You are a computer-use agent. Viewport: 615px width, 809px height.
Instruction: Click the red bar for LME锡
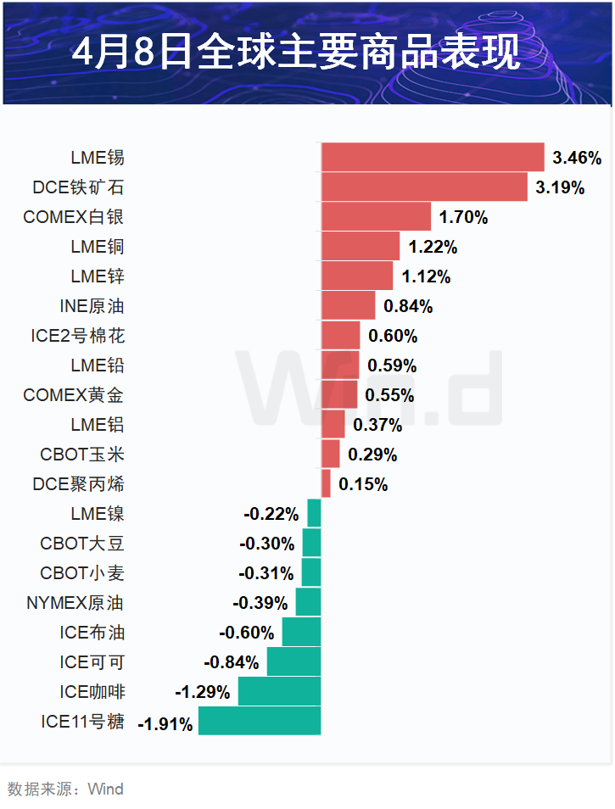433,158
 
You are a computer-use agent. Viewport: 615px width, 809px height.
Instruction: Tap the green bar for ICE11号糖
260,721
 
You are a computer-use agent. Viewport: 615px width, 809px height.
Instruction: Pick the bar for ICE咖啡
279,691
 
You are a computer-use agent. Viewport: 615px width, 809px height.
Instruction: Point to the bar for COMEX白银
376,217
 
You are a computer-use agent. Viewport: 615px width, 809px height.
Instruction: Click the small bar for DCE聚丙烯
326,484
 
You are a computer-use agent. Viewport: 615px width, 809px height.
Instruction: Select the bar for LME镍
314,514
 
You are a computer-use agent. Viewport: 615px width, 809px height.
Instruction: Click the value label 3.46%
577,158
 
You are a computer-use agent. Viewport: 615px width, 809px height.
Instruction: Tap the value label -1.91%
165,724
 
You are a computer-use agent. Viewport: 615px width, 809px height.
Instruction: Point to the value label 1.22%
433,248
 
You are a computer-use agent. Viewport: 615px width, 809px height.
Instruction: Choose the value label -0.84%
231,662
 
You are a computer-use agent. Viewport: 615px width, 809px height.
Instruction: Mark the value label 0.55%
389,395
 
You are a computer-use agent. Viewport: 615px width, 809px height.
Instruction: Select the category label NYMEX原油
75,603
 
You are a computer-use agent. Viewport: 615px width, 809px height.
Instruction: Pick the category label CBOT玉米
82,455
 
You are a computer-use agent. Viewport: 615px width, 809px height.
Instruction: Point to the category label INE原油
92,306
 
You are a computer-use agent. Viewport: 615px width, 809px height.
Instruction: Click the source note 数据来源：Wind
65,789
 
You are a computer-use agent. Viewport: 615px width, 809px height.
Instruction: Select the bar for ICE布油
301,633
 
